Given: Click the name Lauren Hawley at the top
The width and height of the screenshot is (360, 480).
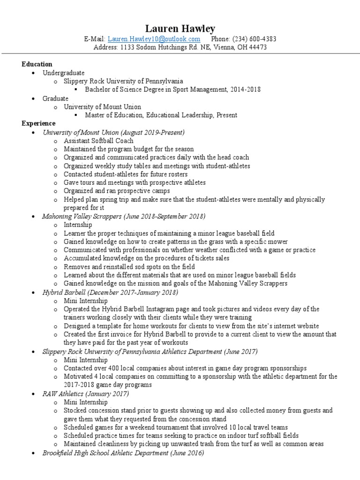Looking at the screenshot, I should click(180, 29).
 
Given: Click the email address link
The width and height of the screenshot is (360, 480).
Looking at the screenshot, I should click(154, 39).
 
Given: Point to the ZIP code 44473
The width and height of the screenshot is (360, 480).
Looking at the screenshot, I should click(257, 47).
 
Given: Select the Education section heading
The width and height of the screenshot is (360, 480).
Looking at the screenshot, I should click(37, 64).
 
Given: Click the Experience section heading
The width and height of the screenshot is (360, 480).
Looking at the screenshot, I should click(38, 124).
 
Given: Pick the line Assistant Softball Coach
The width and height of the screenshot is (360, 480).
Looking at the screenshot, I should click(98, 141).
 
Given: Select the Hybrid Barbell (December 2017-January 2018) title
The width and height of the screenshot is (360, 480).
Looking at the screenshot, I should click(110, 292).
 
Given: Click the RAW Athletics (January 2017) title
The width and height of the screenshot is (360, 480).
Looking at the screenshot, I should click(85, 394).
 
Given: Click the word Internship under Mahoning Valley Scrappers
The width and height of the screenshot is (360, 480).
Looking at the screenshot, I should click(79, 225).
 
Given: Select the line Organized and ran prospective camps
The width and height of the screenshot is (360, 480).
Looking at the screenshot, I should click(117, 191).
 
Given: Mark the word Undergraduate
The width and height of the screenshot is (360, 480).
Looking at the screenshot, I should click(64, 73).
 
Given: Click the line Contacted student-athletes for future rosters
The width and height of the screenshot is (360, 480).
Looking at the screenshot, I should click(126, 174).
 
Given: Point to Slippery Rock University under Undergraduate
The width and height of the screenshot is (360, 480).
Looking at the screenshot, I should click(123, 81).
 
